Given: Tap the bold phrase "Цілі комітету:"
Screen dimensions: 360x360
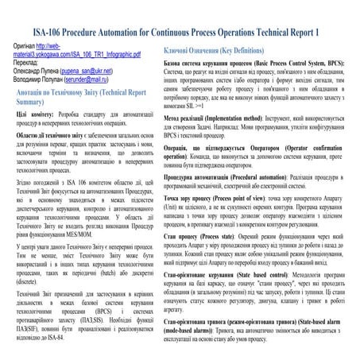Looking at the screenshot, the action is click(x=37, y=116).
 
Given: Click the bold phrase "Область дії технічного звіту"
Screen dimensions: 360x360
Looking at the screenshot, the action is click(x=60, y=136).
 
